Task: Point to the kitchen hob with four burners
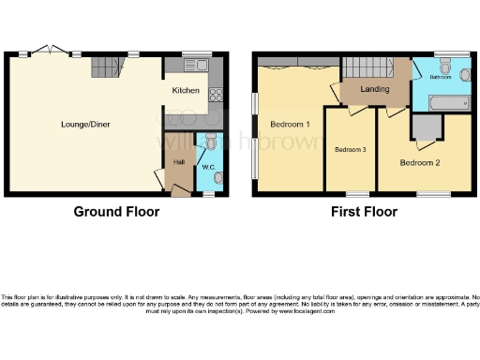point(214,94)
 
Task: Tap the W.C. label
point(208,169)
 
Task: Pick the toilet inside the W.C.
point(212,141)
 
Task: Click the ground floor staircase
point(107,66)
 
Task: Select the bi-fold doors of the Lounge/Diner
point(47,52)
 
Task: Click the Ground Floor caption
point(116,212)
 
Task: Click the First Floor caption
point(364,212)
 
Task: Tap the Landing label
point(375,89)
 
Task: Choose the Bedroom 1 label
point(290,123)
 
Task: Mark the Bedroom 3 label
point(350,150)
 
